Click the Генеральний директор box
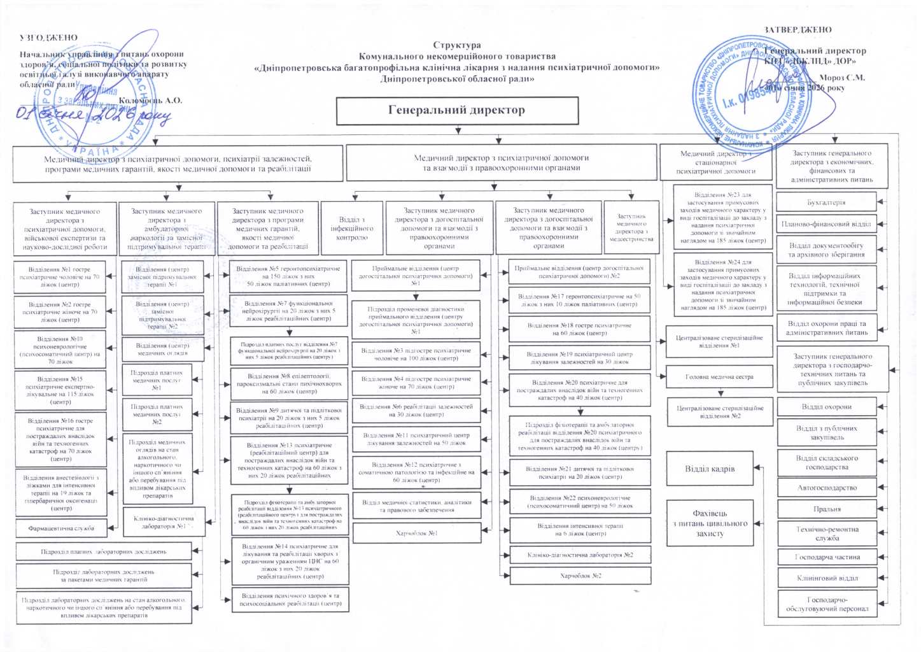[x=457, y=110]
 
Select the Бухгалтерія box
[x=826, y=202]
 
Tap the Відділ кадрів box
[x=710, y=469]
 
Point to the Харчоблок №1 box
[x=416, y=533]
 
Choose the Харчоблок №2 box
[x=580, y=576]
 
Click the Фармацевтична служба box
[x=61, y=528]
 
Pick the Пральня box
[x=827, y=509]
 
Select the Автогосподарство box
[x=827, y=488]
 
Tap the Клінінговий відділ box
[x=827, y=578]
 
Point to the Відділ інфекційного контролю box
[x=351, y=229]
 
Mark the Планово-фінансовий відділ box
[x=826, y=224]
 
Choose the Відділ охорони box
[x=826, y=406]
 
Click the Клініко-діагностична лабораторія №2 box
[x=580, y=555]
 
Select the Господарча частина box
[x=827, y=556]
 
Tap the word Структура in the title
[x=456, y=45]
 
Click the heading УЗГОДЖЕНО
[x=48, y=38]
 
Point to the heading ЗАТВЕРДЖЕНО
[x=798, y=29]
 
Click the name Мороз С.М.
[x=841, y=78]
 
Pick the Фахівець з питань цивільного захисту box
[x=710, y=523]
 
